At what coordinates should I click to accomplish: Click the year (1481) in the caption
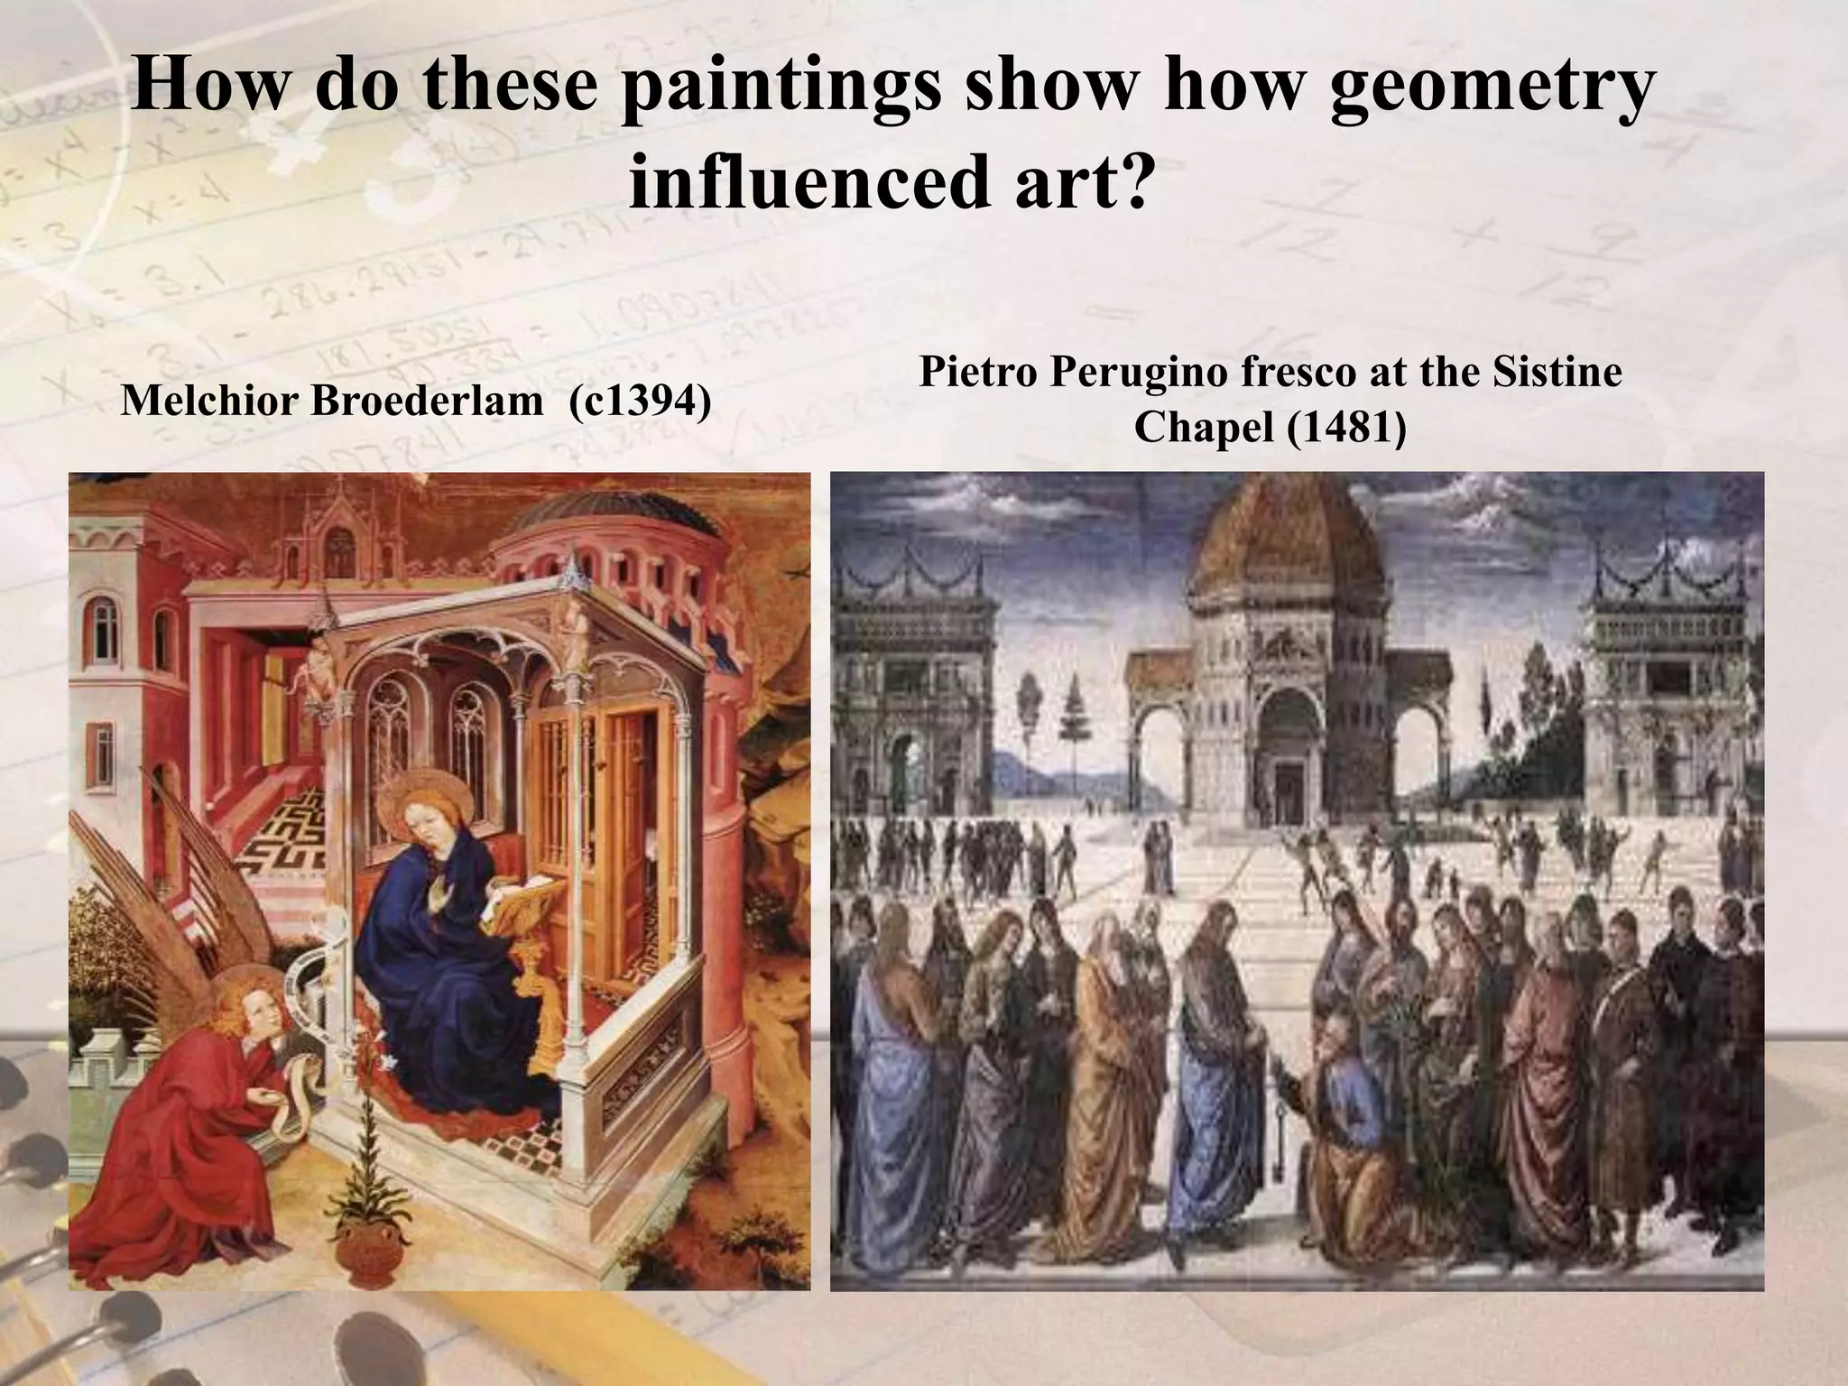click(1346, 427)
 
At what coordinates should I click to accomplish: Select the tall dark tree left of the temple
click(1073, 722)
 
